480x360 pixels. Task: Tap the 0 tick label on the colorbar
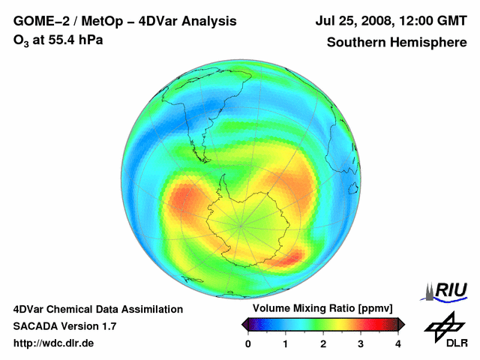[x=248, y=343]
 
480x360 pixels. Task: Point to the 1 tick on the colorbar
[x=286, y=343]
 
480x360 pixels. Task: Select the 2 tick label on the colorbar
[x=323, y=343]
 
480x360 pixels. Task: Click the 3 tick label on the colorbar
[x=361, y=343]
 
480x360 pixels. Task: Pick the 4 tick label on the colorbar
[x=398, y=343]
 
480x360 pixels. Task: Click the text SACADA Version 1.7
[x=65, y=326]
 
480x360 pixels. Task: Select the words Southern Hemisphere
[x=397, y=43]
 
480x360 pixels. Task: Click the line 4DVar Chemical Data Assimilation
[x=98, y=309]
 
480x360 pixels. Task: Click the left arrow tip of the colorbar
[x=243, y=323]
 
